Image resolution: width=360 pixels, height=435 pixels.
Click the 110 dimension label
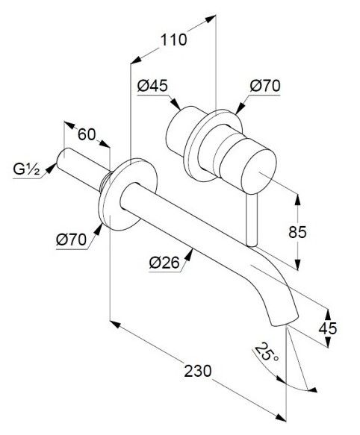tap(173, 40)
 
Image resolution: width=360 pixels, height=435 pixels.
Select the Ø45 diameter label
tap(152, 86)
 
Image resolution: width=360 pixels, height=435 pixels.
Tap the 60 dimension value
tap(87, 134)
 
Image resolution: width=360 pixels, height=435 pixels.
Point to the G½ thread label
tap(26, 169)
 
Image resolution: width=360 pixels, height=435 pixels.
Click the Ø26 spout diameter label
tap(164, 263)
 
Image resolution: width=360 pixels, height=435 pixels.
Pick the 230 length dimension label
tap(198, 371)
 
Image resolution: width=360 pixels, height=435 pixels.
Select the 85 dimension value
tap(297, 232)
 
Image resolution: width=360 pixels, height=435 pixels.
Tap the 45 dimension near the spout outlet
tap(328, 328)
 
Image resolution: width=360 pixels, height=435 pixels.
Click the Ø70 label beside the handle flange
tap(265, 86)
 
